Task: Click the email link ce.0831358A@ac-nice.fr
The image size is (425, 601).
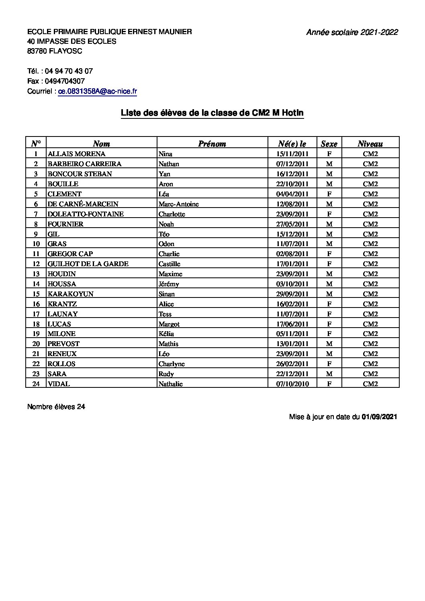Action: (98, 92)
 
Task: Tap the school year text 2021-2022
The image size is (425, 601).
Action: (379, 33)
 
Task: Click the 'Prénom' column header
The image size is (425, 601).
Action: (212, 144)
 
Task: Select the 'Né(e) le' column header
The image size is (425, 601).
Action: (292, 144)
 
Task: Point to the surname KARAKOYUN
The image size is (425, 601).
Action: (71, 294)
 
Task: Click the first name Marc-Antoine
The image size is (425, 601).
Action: (179, 204)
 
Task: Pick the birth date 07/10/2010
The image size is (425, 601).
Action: (292, 384)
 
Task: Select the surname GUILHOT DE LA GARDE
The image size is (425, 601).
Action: (88, 264)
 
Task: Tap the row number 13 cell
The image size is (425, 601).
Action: (36, 274)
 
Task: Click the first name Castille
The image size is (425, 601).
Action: (170, 264)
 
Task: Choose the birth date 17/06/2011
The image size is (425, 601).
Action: (292, 324)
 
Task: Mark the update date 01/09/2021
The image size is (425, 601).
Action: (379, 417)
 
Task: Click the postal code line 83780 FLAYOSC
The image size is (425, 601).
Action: (55, 51)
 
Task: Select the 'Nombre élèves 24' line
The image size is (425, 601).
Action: (56, 407)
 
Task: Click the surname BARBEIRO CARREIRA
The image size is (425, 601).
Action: (84, 164)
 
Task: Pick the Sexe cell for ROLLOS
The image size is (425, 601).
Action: (329, 364)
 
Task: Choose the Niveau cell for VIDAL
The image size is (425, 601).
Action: (370, 384)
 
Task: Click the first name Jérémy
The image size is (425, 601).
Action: (169, 284)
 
